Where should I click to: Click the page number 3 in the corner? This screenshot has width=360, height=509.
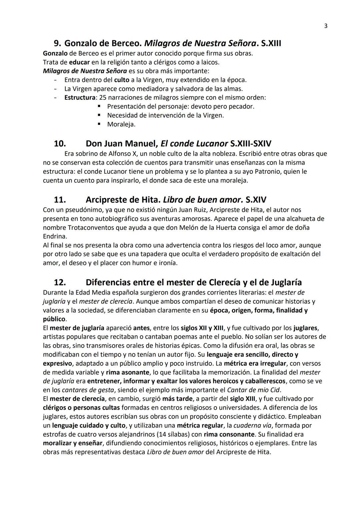[x=326, y=26]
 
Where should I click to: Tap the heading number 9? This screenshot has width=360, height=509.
[x=57, y=43]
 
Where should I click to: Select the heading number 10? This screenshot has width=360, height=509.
[x=60, y=144]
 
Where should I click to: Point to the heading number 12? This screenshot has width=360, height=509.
[x=60, y=282]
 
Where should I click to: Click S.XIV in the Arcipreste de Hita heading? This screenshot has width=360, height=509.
[x=256, y=200]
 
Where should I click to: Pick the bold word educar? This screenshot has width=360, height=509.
[x=79, y=62]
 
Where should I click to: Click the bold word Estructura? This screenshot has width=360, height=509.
[x=80, y=98]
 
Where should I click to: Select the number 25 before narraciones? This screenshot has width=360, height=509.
[x=102, y=98]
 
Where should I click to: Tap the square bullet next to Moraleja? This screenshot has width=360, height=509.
[x=99, y=124]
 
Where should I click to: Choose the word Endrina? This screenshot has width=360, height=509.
[x=55, y=236]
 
